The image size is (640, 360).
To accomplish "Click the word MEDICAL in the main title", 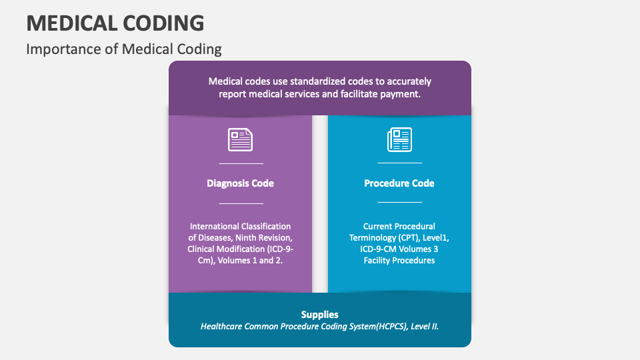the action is pos(72,23).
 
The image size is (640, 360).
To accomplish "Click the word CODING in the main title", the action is pos(163,23).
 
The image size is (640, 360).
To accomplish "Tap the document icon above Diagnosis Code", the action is pos(241,139).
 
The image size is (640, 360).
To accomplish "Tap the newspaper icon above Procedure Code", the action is pos(399,139).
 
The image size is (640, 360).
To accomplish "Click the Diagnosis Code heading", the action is pos(241,183).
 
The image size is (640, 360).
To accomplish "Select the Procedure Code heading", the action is pos(399,183).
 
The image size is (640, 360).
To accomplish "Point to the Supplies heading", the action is pos(319,315).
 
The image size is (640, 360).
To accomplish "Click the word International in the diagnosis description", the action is pos(214,227).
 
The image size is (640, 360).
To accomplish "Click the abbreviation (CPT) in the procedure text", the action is pos(408,238).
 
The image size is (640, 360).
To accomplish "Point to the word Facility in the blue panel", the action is pos(377,261).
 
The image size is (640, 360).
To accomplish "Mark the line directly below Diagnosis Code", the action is pos(241,203).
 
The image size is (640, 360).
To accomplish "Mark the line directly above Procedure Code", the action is pos(399,163).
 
